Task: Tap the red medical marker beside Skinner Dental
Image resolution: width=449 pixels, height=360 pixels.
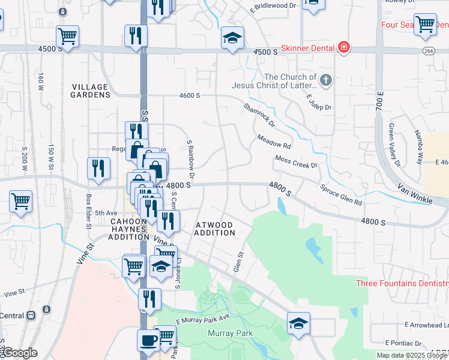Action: tap(343, 47)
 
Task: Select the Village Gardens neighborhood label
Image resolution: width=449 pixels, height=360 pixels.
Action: tap(90, 91)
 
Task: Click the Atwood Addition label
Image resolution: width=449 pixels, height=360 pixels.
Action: tap(215, 229)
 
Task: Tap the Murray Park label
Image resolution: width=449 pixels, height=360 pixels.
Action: tap(230, 333)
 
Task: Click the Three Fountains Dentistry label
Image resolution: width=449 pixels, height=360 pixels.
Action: tap(402, 283)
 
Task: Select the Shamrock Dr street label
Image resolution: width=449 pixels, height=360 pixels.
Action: tap(259, 116)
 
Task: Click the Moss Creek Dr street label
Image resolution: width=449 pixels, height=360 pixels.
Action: tap(296, 162)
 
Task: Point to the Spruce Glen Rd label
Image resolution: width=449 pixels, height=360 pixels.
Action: tap(340, 194)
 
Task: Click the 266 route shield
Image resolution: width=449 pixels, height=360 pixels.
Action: tap(428, 51)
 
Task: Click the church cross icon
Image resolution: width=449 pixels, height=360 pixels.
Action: tap(325, 79)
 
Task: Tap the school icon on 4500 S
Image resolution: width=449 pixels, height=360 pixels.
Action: tap(232, 37)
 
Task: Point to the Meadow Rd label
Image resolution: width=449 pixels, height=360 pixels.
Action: tap(274, 142)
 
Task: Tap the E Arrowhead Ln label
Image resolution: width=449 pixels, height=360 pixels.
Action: tap(426, 325)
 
